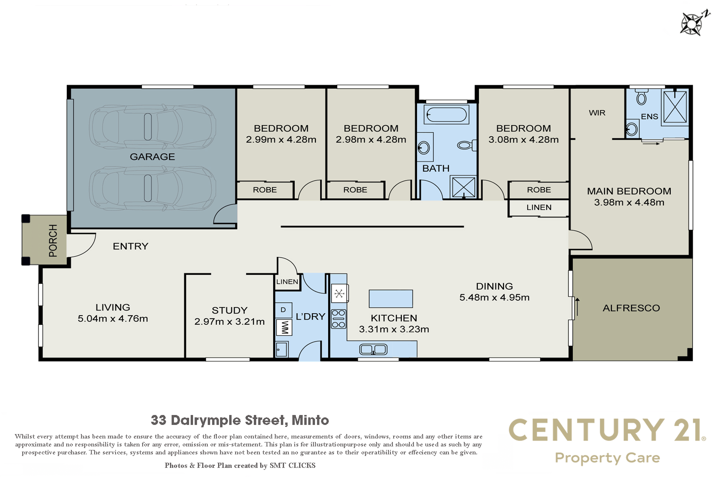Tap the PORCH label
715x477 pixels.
(53, 240)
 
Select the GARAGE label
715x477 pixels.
(153, 157)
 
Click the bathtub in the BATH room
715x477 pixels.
(446, 114)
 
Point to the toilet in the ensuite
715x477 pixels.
(641, 96)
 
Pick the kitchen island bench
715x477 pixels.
(391, 299)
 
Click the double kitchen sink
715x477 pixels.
(373, 349)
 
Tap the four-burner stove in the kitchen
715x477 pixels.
(339, 319)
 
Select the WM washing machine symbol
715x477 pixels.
(284, 328)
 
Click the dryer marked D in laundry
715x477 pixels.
(284, 310)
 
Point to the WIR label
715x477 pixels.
(597, 113)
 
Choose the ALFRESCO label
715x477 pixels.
(631, 308)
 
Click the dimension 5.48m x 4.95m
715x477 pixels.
(495, 297)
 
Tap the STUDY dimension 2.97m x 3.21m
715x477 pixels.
(230, 322)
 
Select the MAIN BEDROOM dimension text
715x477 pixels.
(629, 202)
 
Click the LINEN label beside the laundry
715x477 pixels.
(287, 282)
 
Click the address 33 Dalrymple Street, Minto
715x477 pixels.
(240, 420)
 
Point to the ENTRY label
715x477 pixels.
(131, 246)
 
